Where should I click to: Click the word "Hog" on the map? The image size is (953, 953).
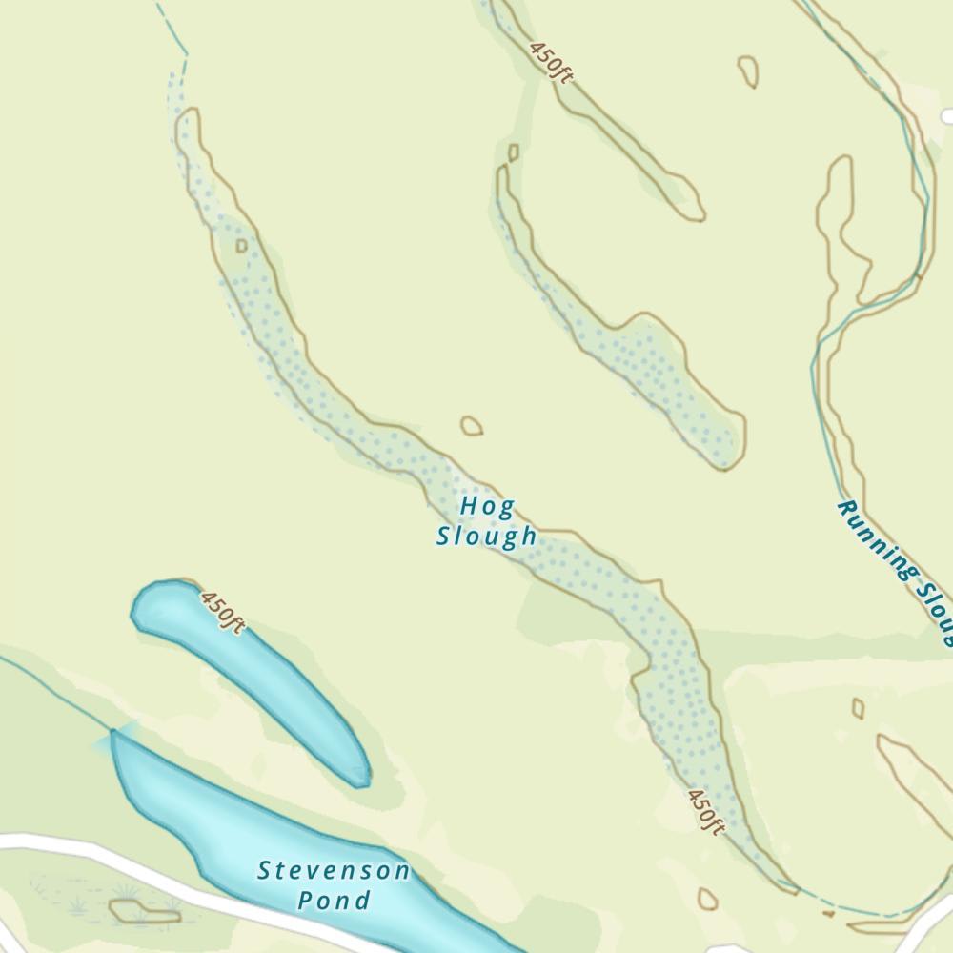(x=487, y=506)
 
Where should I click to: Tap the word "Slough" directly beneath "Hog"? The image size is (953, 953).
(x=487, y=537)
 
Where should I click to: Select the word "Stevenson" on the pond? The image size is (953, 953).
(x=334, y=871)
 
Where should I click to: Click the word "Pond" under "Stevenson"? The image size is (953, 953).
(x=334, y=901)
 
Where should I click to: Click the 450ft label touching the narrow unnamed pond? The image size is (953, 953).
(x=222, y=611)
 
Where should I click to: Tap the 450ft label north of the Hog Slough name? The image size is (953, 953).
(x=551, y=62)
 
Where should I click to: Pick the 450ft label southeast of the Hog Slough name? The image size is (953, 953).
(x=706, y=811)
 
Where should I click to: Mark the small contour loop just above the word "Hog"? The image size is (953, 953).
(x=471, y=426)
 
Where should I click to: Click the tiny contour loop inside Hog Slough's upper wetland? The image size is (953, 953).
(x=241, y=246)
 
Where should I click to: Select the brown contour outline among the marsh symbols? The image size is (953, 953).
(x=143, y=913)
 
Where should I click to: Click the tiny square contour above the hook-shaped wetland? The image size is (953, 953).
(x=514, y=152)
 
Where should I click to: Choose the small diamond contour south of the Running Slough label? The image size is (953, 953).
(x=858, y=708)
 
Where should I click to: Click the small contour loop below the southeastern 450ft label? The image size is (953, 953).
(x=707, y=900)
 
